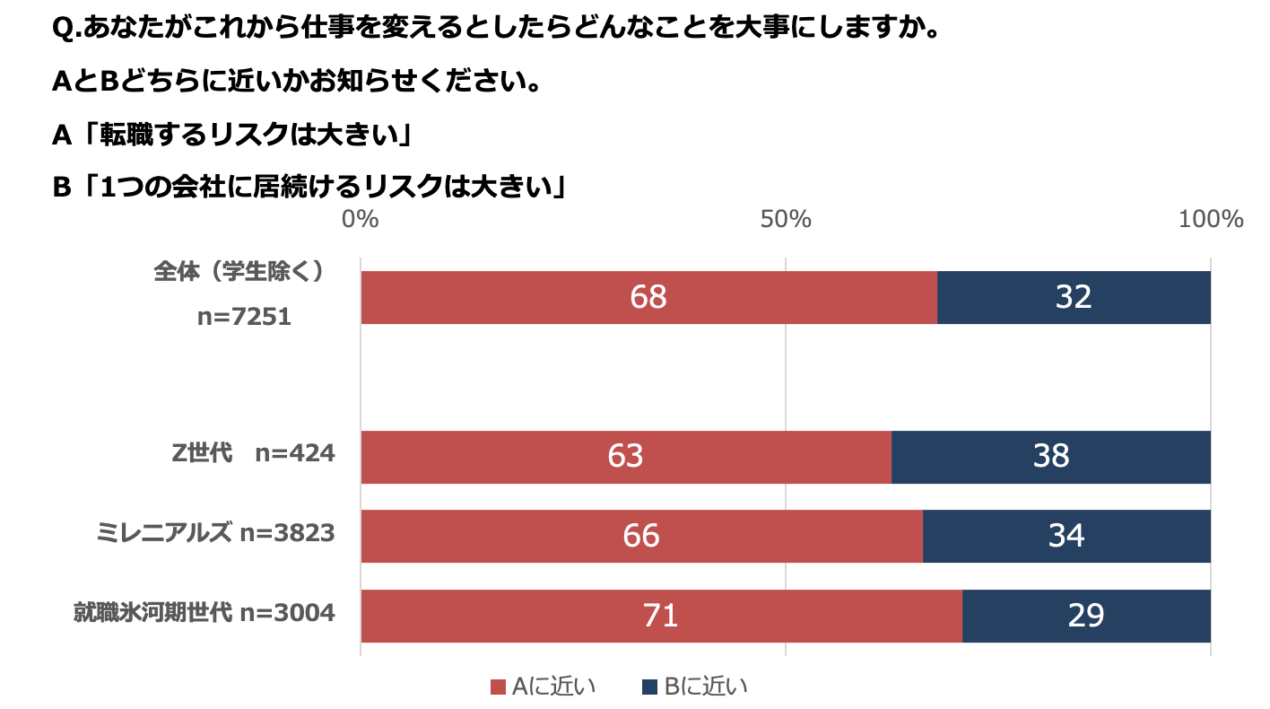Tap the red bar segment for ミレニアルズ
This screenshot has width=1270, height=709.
click(x=538, y=536)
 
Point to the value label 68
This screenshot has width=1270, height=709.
click(x=648, y=297)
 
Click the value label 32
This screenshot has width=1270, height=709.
click(x=1073, y=297)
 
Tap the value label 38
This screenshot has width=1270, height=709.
click(x=1050, y=457)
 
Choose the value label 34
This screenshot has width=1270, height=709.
click(x=1066, y=536)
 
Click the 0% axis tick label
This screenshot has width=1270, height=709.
click(x=361, y=219)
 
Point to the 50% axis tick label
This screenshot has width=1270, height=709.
click(x=786, y=219)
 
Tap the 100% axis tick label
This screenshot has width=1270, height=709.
click(x=1210, y=219)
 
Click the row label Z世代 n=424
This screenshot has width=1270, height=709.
click(x=253, y=453)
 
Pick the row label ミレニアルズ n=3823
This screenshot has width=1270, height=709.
click(x=215, y=533)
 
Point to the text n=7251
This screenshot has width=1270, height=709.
click(x=244, y=316)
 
